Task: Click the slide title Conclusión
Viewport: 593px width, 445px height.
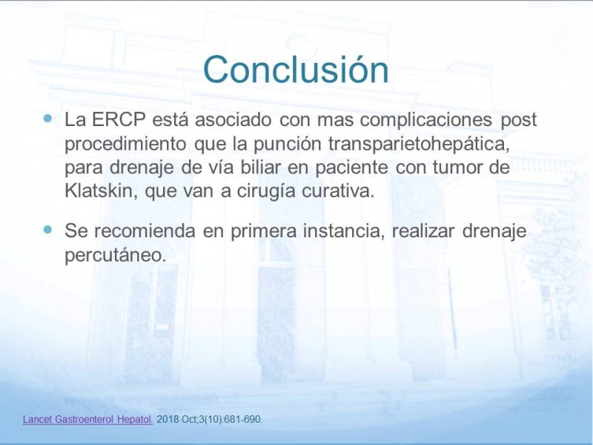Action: [296, 70]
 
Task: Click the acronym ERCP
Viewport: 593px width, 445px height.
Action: [119, 119]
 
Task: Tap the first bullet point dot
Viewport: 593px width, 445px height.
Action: [47, 119]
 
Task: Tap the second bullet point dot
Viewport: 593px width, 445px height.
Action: [47, 230]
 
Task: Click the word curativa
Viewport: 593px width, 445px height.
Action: [338, 191]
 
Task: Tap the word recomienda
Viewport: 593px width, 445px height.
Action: [145, 231]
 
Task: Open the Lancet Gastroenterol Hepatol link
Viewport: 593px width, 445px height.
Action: [87, 420]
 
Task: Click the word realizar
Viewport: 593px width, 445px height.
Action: [423, 231]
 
